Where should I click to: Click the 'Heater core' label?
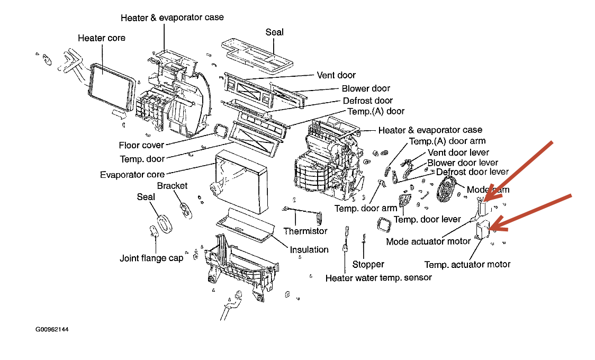pyautogui.click(x=101, y=38)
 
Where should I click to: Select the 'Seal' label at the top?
pyautogui.click(x=274, y=32)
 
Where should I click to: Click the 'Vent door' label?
pyautogui.click(x=336, y=75)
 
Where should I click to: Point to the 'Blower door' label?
pyautogui.click(x=366, y=88)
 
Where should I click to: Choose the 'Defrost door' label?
pyautogui.click(x=368, y=101)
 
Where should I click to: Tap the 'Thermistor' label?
pyautogui.click(x=305, y=231)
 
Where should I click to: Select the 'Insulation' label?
pyautogui.click(x=309, y=249)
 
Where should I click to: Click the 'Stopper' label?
pyautogui.click(x=368, y=264)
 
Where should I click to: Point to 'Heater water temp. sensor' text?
pyautogui.click(x=378, y=277)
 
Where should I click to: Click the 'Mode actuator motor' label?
pyautogui.click(x=428, y=241)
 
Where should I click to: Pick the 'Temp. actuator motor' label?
pyautogui.click(x=467, y=264)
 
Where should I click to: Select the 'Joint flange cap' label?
pyautogui.click(x=151, y=258)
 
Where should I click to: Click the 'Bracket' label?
pyautogui.click(x=172, y=186)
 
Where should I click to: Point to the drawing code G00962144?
pyautogui.click(x=52, y=329)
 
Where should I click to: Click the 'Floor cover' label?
pyautogui.click(x=141, y=145)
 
